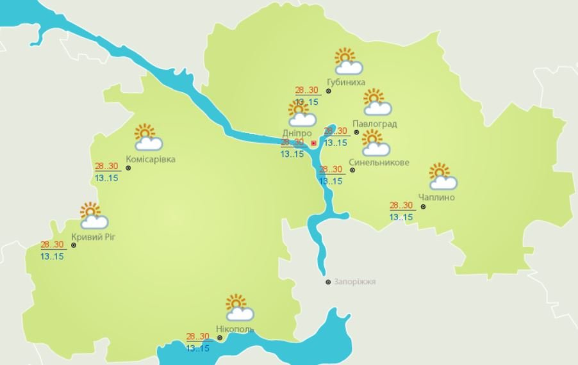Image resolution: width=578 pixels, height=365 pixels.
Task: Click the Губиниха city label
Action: pyautogui.click(x=345, y=83)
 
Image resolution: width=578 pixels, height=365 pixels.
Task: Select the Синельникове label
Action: pyautogui.click(x=379, y=163)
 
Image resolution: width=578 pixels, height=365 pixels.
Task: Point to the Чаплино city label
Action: pyautogui.click(x=436, y=197)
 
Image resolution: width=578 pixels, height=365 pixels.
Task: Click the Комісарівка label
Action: pyautogui.click(x=151, y=159)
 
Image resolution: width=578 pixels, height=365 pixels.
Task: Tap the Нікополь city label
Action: pyautogui.click(x=235, y=329)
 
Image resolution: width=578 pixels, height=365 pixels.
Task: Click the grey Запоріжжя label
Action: pyautogui.click(x=354, y=282)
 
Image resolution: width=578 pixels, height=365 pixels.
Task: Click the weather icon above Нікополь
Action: pyautogui.click(x=238, y=307)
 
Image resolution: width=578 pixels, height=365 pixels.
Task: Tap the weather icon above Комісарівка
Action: pyautogui.click(x=148, y=137)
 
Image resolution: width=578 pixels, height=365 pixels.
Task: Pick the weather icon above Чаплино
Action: pyautogui.click(x=442, y=176)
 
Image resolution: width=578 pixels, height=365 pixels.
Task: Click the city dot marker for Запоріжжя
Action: pyautogui.click(x=328, y=282)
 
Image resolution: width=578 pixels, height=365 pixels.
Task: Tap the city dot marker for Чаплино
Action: pyautogui.click(x=423, y=207)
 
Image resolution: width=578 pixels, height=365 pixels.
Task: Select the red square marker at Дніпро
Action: pyautogui.click(x=313, y=143)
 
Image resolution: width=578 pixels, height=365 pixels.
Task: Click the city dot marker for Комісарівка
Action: pyautogui.click(x=128, y=168)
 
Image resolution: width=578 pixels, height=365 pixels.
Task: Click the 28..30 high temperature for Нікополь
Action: pyautogui.click(x=198, y=336)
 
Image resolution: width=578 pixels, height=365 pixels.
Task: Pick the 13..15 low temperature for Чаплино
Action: pyautogui.click(x=401, y=217)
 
